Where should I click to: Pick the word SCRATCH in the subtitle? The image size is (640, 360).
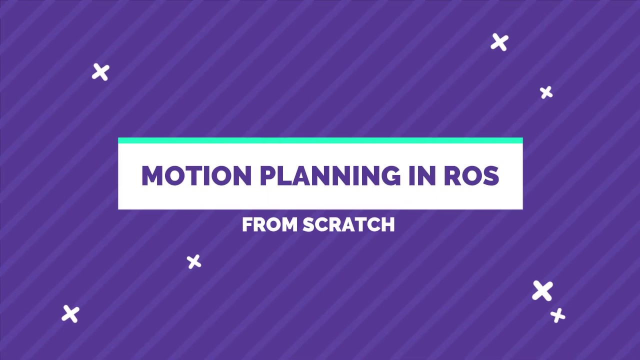point(348,225)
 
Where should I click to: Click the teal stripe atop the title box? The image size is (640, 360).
point(320,140)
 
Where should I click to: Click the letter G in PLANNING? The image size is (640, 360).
point(390,176)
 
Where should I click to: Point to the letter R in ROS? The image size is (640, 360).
point(452,176)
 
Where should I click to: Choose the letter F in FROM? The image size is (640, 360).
point(247,225)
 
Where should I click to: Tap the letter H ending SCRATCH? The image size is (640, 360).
point(387,225)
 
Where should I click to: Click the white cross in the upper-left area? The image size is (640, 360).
point(100,72)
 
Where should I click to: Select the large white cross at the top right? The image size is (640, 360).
point(499,42)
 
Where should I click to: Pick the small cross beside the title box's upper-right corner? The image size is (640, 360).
point(546,92)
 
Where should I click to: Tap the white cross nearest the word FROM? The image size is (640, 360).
point(194,261)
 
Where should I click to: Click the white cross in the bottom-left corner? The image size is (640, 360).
point(70,314)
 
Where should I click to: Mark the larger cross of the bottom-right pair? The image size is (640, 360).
point(542,290)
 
